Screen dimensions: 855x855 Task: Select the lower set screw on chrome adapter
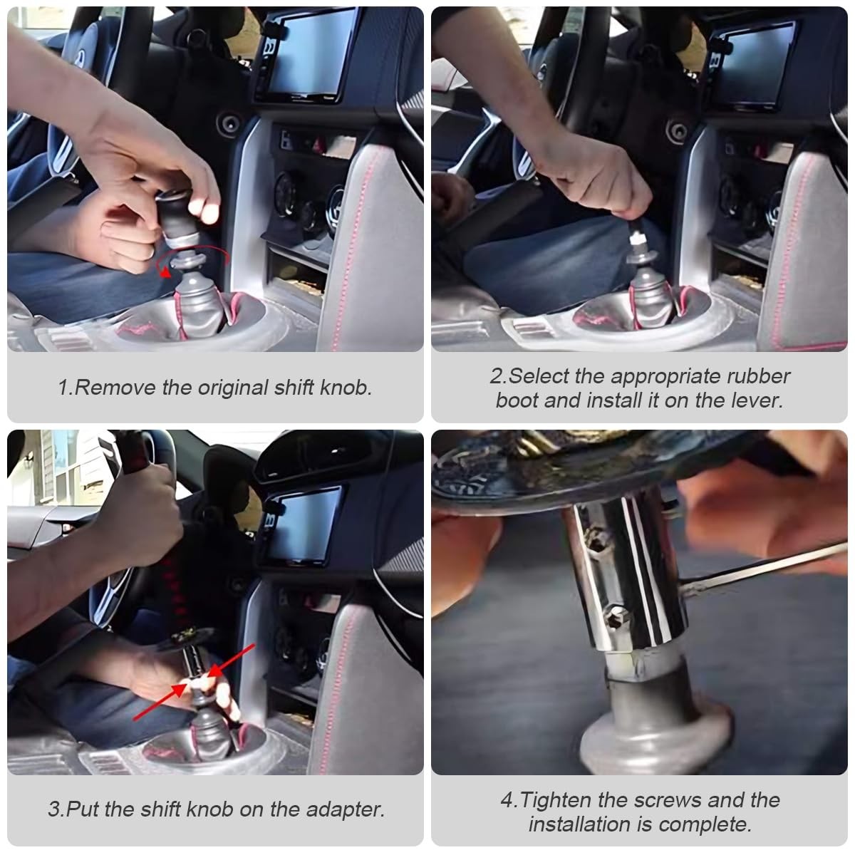click(x=617, y=618)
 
